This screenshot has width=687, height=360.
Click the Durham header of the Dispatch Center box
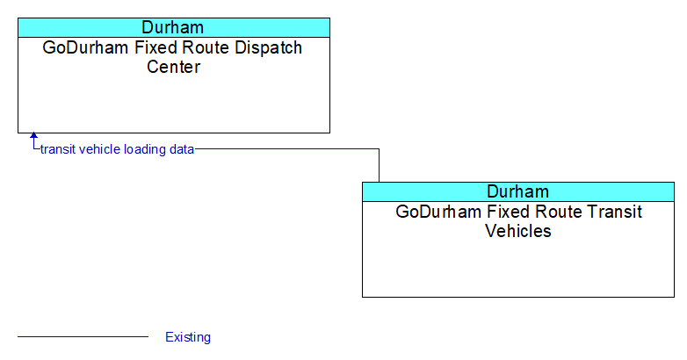pos(172,27)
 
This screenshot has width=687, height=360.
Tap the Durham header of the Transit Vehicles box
pos(517,191)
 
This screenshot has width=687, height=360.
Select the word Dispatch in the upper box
pos(268,47)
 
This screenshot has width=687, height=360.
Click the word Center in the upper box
pos(173,67)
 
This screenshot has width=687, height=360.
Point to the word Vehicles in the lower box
pos(517,231)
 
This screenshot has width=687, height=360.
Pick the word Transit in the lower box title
pos(614,212)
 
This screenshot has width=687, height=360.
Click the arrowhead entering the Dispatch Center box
pos(33,136)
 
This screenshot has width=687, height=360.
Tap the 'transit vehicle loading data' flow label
pos(117,149)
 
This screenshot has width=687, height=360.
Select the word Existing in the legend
pos(188,337)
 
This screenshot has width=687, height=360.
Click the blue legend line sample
pos(83,337)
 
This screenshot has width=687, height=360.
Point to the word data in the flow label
pos(182,149)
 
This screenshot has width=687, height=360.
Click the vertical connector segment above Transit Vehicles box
pos(379,166)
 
